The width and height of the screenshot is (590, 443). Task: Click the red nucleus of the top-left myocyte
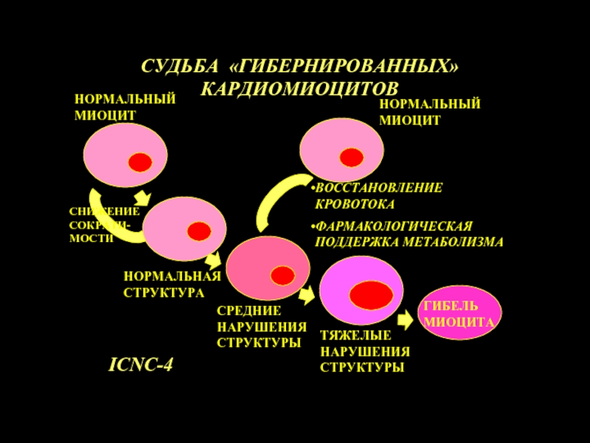[x=139, y=162]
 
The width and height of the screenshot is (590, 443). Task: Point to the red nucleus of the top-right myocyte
[x=351, y=157]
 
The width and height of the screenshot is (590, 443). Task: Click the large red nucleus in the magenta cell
[x=371, y=295]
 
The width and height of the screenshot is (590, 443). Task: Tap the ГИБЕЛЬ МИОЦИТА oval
[x=457, y=314]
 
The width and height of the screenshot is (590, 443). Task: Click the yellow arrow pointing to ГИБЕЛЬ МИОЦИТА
[x=404, y=320]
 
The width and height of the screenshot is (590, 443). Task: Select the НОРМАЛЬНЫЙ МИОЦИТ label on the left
[x=125, y=107]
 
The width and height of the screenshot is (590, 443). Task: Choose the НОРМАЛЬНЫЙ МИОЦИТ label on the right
[x=429, y=111]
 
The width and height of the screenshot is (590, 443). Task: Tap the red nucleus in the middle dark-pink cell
[x=282, y=275]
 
